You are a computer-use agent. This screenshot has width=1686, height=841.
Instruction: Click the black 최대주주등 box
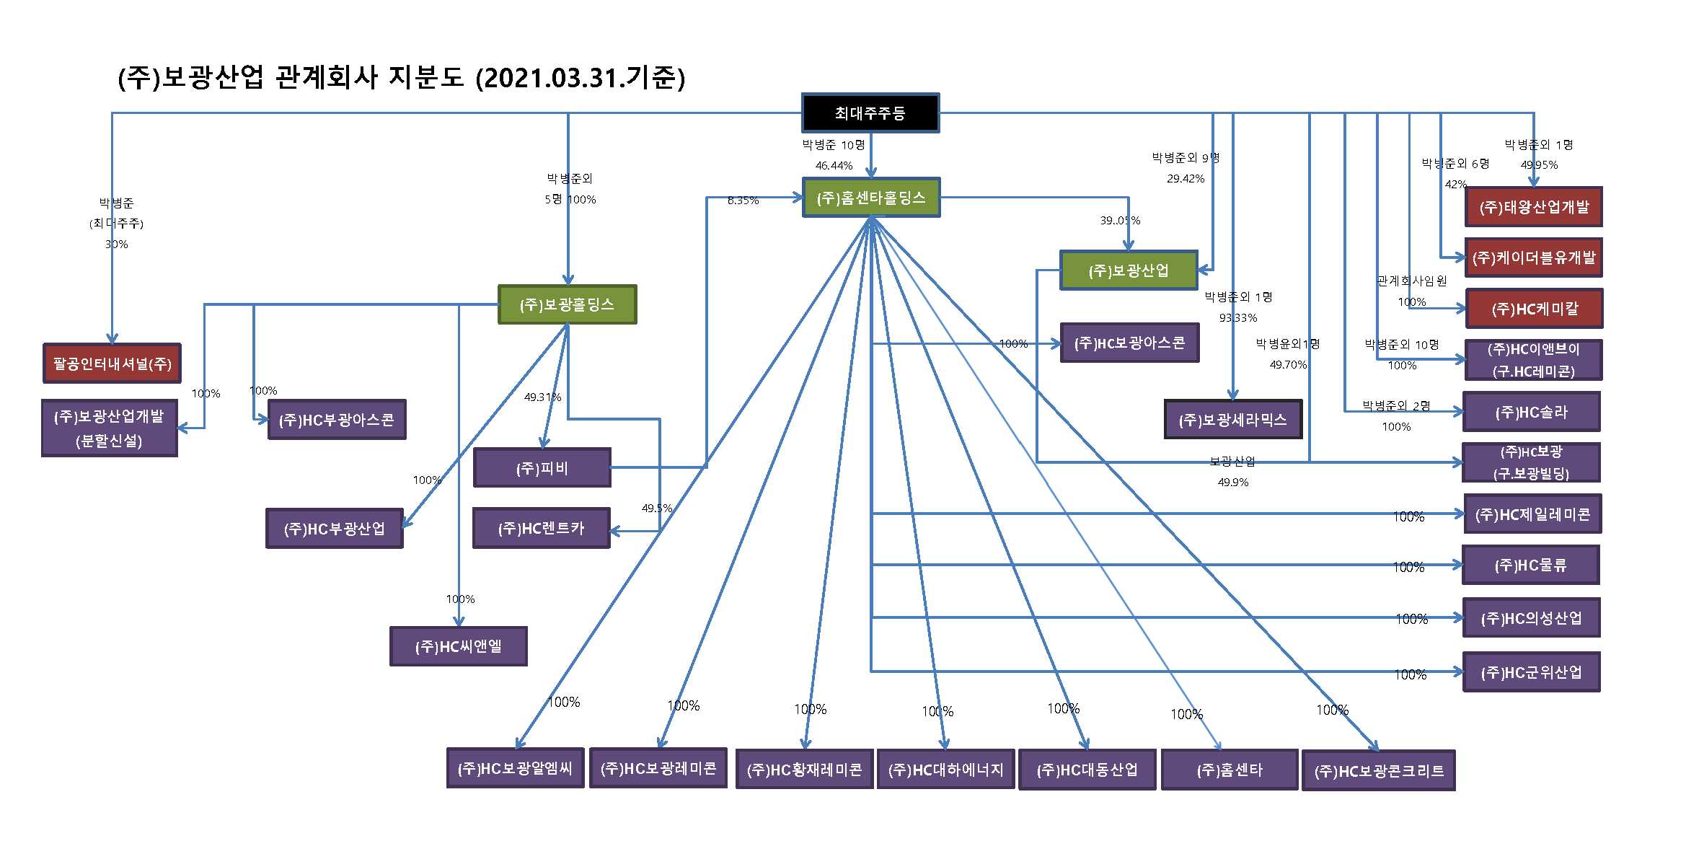click(x=870, y=113)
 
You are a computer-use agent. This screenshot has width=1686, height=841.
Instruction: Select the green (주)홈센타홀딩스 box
click(x=871, y=198)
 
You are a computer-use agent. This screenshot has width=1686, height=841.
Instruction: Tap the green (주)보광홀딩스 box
click(x=567, y=304)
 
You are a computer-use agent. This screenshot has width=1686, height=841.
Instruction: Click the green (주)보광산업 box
click(x=1128, y=270)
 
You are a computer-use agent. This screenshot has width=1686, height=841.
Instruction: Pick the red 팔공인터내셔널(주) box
click(x=112, y=364)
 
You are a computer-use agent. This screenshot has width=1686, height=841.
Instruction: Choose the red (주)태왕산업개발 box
click(x=1533, y=207)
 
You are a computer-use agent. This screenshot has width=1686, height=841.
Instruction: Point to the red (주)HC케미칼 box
click(x=1534, y=309)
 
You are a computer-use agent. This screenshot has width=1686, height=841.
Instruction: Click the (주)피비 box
click(x=542, y=468)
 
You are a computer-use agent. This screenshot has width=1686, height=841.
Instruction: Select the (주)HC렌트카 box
click(x=541, y=529)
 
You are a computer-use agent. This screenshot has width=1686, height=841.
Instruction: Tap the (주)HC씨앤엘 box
click(x=458, y=646)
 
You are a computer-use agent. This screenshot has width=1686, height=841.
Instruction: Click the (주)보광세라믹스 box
click(x=1232, y=420)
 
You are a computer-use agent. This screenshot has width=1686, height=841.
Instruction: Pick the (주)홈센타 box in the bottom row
click(x=1229, y=770)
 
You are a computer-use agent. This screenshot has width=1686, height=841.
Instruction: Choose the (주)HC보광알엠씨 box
click(x=515, y=769)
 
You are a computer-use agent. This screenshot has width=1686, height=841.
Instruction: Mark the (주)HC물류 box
click(x=1530, y=565)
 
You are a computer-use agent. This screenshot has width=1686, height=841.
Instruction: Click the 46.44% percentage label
click(x=834, y=165)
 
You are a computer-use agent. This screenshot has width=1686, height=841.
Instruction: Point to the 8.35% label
click(x=743, y=201)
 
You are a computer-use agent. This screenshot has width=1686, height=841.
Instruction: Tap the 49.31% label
click(x=542, y=397)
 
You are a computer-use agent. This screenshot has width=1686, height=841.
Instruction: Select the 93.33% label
click(x=1237, y=317)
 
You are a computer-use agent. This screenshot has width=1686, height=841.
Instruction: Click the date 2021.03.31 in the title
click(x=549, y=77)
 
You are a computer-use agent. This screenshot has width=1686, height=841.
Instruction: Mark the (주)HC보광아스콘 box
click(x=1129, y=343)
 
